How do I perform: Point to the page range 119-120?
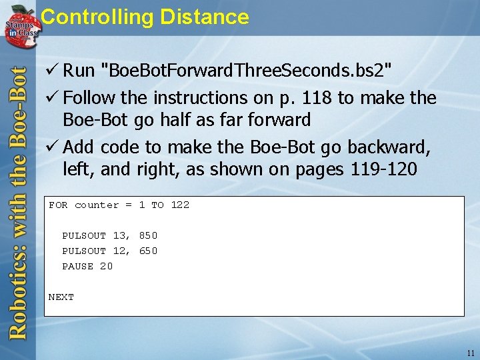383,169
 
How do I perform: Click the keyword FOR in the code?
58,205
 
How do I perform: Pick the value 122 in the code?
180,205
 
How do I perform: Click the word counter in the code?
97,205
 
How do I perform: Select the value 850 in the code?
148,236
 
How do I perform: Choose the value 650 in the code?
148,251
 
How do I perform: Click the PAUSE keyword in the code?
77,267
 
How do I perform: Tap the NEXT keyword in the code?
61,297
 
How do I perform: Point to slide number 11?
471,353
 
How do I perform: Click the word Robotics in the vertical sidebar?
17,293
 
